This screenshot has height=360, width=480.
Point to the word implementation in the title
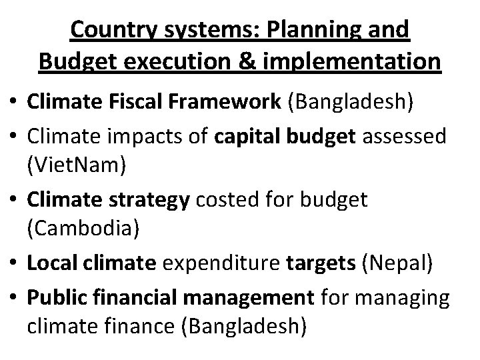point(354,61)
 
